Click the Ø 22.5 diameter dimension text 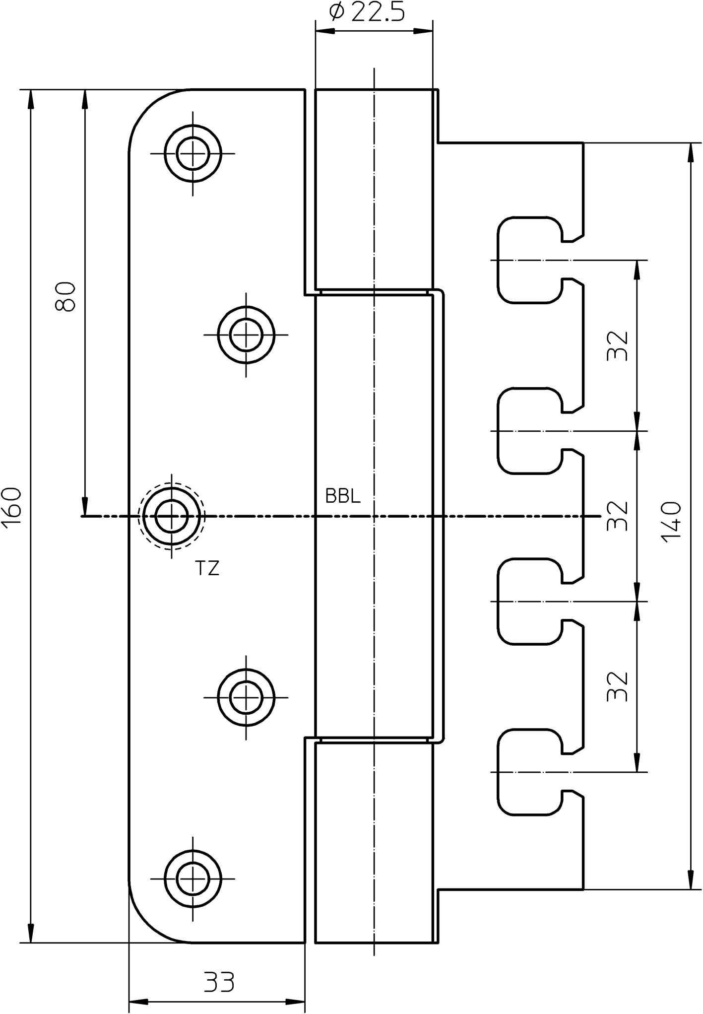point(367,12)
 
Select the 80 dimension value point(65,297)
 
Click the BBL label point(343,496)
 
